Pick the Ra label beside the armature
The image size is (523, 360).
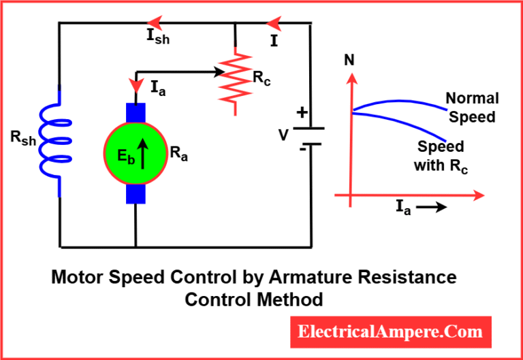point(179,154)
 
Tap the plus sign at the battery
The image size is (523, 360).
point(302,113)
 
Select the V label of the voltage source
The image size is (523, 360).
point(283,135)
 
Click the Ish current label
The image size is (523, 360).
point(158,37)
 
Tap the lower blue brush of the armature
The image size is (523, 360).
point(136,193)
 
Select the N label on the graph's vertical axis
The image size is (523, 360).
point(349,60)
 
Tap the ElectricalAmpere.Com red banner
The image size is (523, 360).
point(391,332)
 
